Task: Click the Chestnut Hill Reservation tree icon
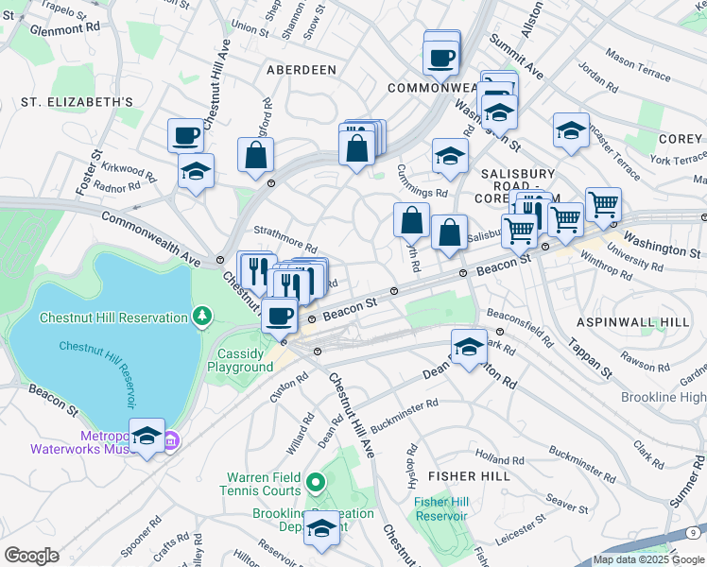(x=200, y=317)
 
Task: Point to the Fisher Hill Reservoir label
(x=441, y=508)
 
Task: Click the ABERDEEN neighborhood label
(x=302, y=70)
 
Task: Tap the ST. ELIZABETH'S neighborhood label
(x=65, y=101)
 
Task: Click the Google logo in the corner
(x=31, y=555)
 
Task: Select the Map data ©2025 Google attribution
(x=647, y=560)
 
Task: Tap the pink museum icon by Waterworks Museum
(x=171, y=440)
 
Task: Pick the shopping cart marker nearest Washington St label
(x=602, y=203)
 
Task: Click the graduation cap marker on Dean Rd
(x=468, y=346)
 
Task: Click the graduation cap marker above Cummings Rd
(x=450, y=156)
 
